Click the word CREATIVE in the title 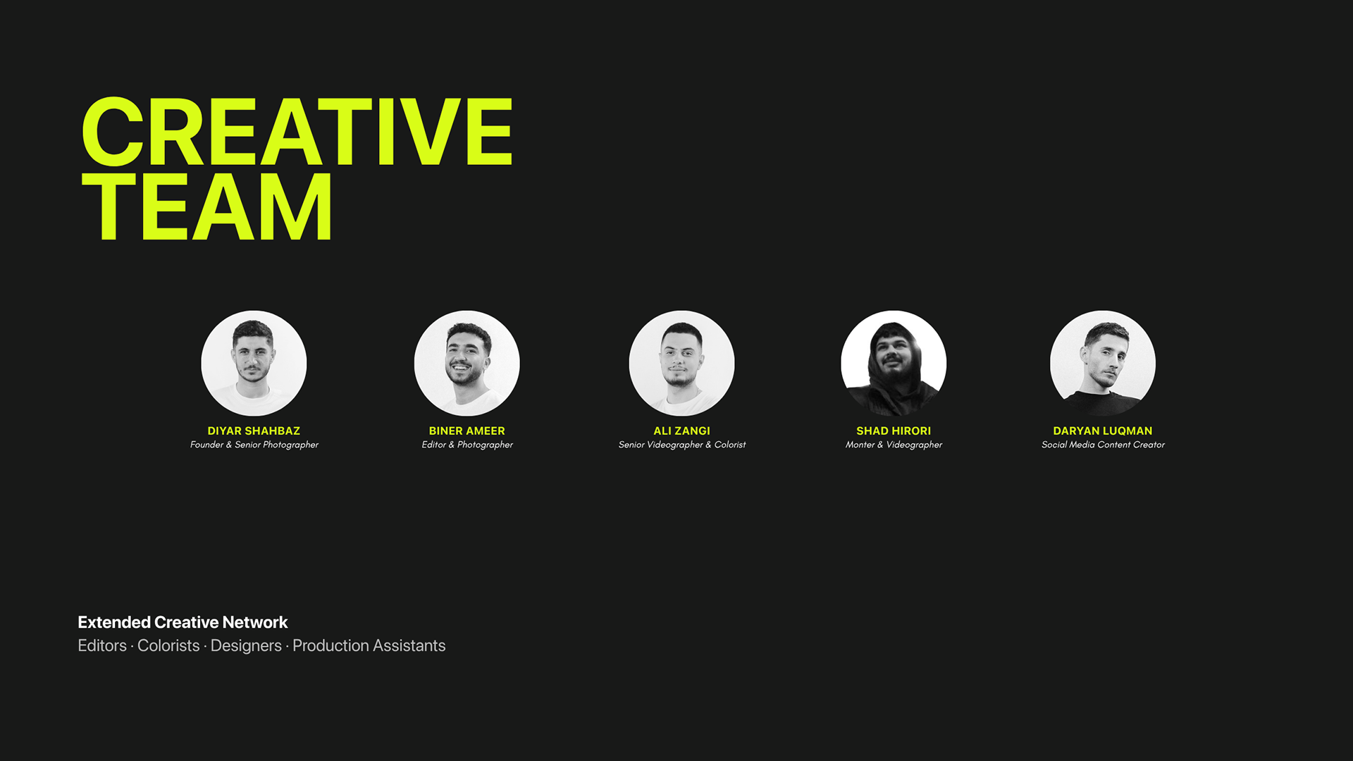pyautogui.click(x=297, y=132)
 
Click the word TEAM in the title pyautogui.click(x=206, y=207)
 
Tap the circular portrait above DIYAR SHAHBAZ pyautogui.click(x=254, y=363)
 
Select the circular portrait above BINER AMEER pyautogui.click(x=467, y=363)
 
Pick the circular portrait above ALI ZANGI pyautogui.click(x=681, y=363)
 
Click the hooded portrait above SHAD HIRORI pyautogui.click(x=894, y=363)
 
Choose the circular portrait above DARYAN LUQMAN pyautogui.click(x=1103, y=363)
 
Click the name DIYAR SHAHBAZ pyautogui.click(x=254, y=431)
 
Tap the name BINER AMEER pyautogui.click(x=467, y=431)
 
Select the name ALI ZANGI pyautogui.click(x=681, y=431)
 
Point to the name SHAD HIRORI pyautogui.click(x=894, y=431)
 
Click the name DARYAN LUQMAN pyautogui.click(x=1103, y=431)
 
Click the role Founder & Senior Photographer pyautogui.click(x=254, y=445)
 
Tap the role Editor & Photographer pyautogui.click(x=467, y=445)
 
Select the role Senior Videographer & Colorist pyautogui.click(x=682, y=445)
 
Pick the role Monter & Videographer pyautogui.click(x=894, y=445)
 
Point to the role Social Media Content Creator pyautogui.click(x=1103, y=445)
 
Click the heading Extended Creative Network pyautogui.click(x=183, y=622)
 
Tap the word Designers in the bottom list pyautogui.click(x=246, y=646)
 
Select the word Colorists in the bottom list pyautogui.click(x=168, y=645)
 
